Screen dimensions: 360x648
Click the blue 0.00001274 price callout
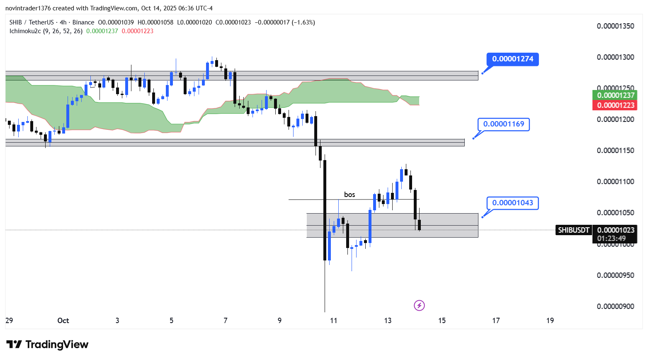(x=512, y=59)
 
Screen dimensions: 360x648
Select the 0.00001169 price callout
(x=503, y=124)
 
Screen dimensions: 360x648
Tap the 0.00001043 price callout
(x=512, y=203)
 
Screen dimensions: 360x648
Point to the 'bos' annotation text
(x=349, y=195)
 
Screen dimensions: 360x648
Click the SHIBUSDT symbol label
(x=573, y=230)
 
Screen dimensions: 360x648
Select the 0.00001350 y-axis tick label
(x=615, y=26)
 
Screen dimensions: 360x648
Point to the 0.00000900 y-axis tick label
(x=615, y=306)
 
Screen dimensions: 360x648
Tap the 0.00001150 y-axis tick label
(x=615, y=151)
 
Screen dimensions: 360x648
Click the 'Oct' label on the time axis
(x=63, y=321)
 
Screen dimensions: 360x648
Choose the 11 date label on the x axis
(x=333, y=321)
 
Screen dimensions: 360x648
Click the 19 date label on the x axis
(x=550, y=321)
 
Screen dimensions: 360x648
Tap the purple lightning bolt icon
(x=419, y=306)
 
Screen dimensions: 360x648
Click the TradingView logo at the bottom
(x=47, y=345)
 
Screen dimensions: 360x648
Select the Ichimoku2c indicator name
(x=25, y=31)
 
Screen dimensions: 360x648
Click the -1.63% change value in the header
(x=303, y=22)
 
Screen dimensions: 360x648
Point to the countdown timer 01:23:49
(x=612, y=238)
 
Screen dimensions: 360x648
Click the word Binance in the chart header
(x=83, y=22)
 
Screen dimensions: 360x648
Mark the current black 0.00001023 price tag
(x=615, y=230)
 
